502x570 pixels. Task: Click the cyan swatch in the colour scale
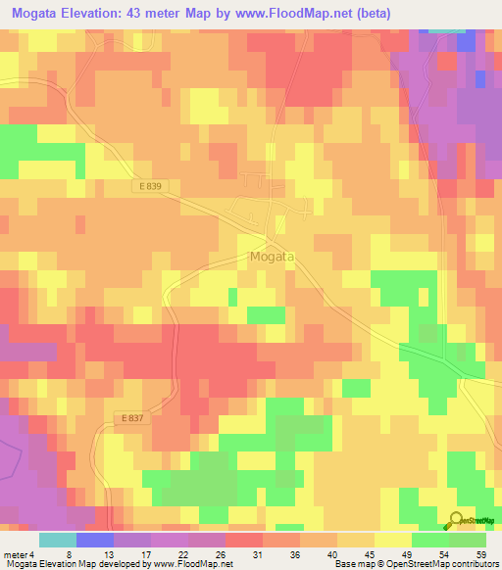point(58,540)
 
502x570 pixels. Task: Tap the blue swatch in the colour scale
point(95,540)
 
